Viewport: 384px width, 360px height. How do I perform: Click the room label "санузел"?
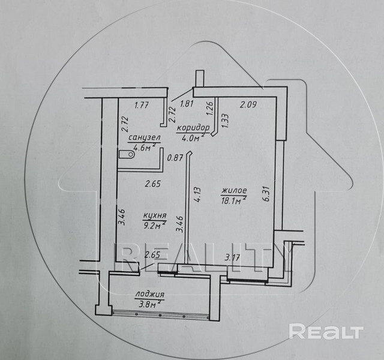click(x=143, y=137)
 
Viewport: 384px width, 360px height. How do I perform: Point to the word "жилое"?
click(x=235, y=191)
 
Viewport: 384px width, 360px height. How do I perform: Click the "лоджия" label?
click(x=149, y=295)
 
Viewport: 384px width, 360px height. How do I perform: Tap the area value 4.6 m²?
click(x=145, y=147)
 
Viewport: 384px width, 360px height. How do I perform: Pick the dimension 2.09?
click(x=248, y=106)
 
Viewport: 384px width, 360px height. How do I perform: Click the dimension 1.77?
click(x=142, y=106)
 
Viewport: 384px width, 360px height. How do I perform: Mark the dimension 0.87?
click(x=176, y=158)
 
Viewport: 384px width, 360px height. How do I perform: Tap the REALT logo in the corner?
click(x=326, y=331)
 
